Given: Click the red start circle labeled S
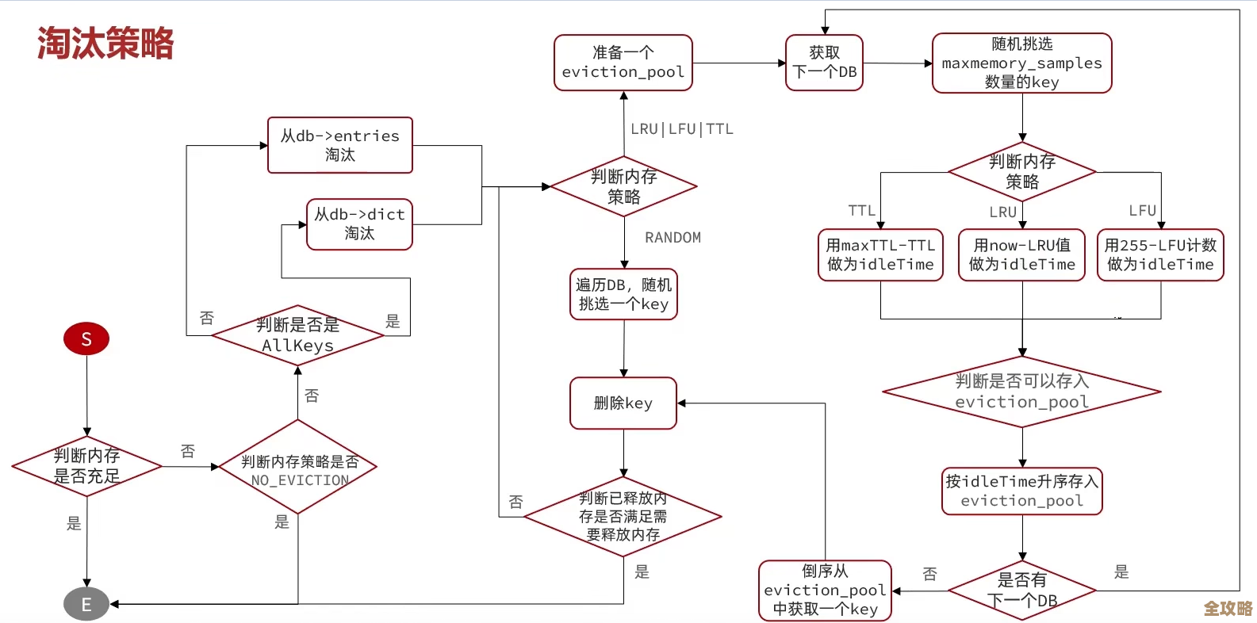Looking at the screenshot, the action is click(x=86, y=339).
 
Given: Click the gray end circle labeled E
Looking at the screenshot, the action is click(x=86, y=605).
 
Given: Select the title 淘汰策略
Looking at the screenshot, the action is click(x=105, y=44).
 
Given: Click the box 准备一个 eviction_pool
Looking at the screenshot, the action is click(x=623, y=63).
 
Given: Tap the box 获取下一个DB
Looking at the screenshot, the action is click(x=824, y=63).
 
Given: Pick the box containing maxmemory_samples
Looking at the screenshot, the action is click(x=1021, y=63).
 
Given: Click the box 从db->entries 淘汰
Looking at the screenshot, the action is click(x=340, y=145).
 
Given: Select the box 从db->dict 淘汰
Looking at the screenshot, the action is click(x=359, y=224).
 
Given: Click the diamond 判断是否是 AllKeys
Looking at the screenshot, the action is click(x=298, y=335).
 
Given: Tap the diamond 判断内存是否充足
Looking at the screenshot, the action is click(x=87, y=466).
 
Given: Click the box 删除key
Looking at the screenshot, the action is click(x=623, y=403).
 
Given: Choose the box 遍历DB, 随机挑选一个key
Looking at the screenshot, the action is click(x=623, y=294).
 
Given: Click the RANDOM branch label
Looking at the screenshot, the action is click(x=673, y=238).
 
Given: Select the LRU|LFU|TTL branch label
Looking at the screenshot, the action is click(x=681, y=129).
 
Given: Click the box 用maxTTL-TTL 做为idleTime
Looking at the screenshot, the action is click(x=880, y=255).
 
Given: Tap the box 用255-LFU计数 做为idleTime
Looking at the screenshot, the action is click(x=1160, y=255).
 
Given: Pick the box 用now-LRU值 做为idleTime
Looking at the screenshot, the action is click(x=1021, y=255).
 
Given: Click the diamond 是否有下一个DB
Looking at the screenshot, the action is click(x=1022, y=591).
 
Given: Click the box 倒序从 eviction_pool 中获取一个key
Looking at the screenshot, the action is click(x=825, y=591).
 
